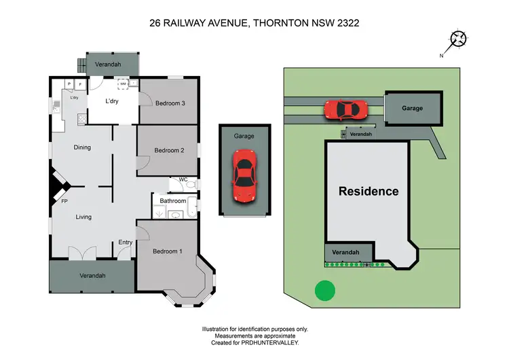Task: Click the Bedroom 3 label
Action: [170, 103]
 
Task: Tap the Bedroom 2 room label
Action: [169, 150]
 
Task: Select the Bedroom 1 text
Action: [168, 251]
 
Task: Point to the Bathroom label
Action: [173, 201]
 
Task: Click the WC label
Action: [183, 179]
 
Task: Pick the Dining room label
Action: [82, 147]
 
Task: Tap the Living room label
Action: [83, 217]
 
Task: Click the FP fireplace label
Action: [64, 202]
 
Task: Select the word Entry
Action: [126, 242]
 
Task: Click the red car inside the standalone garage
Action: [244, 177]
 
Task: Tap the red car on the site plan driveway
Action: [346, 109]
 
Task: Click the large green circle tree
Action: [325, 291]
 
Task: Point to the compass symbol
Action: [460, 39]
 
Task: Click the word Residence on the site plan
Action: [369, 191]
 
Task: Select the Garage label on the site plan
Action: [412, 108]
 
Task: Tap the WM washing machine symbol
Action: [123, 84]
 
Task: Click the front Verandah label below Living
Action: [92, 276]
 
